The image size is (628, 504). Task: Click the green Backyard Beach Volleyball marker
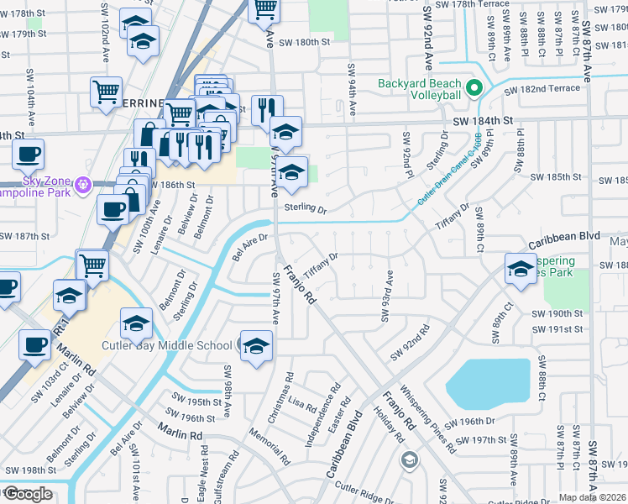(474, 88)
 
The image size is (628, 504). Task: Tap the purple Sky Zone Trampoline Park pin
(82, 183)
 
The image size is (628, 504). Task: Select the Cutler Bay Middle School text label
(166, 345)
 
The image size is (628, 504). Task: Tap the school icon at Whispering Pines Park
(521, 268)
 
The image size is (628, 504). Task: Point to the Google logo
(28, 494)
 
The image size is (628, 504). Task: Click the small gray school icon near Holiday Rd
(409, 459)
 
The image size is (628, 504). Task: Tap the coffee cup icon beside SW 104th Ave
(28, 155)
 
